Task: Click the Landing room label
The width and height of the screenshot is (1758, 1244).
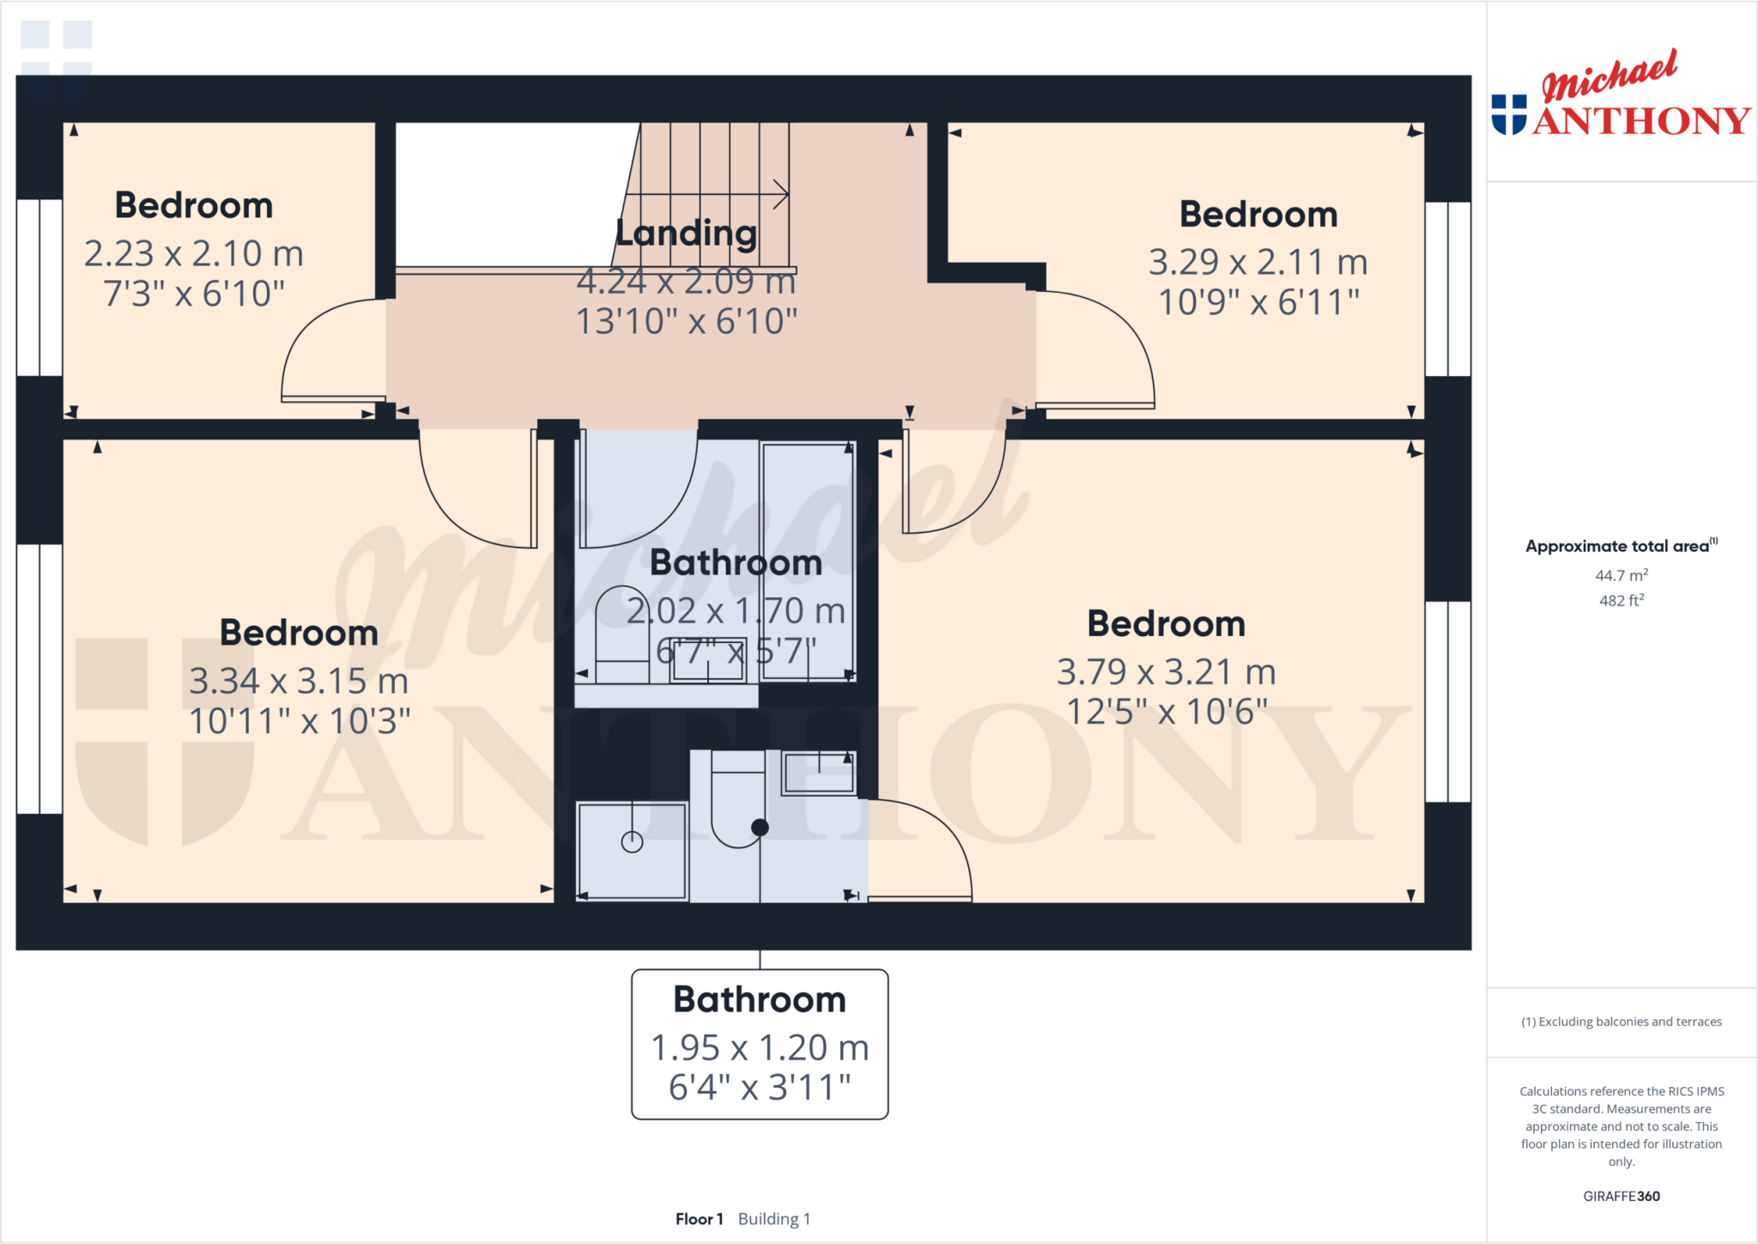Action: [x=687, y=234]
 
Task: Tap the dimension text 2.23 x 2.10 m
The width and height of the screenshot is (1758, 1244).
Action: [x=194, y=254]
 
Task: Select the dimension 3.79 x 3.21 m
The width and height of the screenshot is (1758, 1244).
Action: [x=1166, y=672]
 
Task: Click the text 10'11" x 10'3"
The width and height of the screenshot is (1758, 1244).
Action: [x=300, y=722]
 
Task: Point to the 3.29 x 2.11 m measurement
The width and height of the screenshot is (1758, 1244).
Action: [x=1258, y=263]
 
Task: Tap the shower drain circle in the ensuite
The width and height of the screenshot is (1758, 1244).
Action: [x=632, y=842]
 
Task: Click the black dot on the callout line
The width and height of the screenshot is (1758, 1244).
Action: [x=760, y=828]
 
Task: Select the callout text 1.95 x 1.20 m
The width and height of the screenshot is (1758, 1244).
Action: [x=760, y=1047]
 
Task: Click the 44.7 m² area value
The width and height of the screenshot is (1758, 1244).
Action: [x=1621, y=575]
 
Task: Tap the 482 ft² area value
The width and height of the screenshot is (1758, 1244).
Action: [x=1621, y=600]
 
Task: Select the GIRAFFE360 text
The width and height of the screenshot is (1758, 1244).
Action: [x=1621, y=1196]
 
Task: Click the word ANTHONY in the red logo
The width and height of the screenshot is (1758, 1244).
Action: [x=1641, y=121]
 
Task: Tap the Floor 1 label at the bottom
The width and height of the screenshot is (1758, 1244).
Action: [x=699, y=1219]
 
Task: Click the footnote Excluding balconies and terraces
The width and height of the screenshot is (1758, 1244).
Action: [x=1621, y=1022]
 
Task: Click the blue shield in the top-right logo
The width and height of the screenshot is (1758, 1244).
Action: [x=1508, y=114]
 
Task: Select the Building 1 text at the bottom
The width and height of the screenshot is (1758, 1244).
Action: [x=773, y=1219]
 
